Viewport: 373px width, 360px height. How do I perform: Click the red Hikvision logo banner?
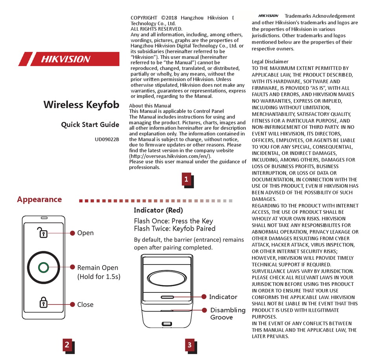point(69,59)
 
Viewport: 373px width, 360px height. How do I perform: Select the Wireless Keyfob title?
point(81,105)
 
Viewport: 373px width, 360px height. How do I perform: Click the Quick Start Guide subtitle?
point(90,125)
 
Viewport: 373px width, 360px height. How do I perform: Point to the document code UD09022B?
point(107,139)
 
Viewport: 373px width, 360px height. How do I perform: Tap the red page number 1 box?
point(186,180)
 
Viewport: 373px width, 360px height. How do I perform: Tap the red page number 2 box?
point(67,345)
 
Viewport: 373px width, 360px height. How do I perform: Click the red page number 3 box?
point(190,345)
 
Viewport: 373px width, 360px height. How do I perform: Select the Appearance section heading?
point(39,199)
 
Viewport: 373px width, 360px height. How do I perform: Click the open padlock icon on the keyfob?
point(43,233)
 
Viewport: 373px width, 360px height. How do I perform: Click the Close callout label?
point(85,305)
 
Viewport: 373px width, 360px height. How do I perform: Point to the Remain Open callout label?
point(98,268)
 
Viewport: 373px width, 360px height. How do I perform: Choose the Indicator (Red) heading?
point(158,210)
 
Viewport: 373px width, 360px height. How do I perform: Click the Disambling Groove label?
point(227,314)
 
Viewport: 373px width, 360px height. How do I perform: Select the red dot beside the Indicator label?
point(204,297)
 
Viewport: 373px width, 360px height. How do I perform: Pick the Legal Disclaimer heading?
point(270,62)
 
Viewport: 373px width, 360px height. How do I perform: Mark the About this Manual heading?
point(150,106)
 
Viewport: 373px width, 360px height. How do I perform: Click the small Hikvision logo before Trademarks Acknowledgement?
point(269,16)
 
